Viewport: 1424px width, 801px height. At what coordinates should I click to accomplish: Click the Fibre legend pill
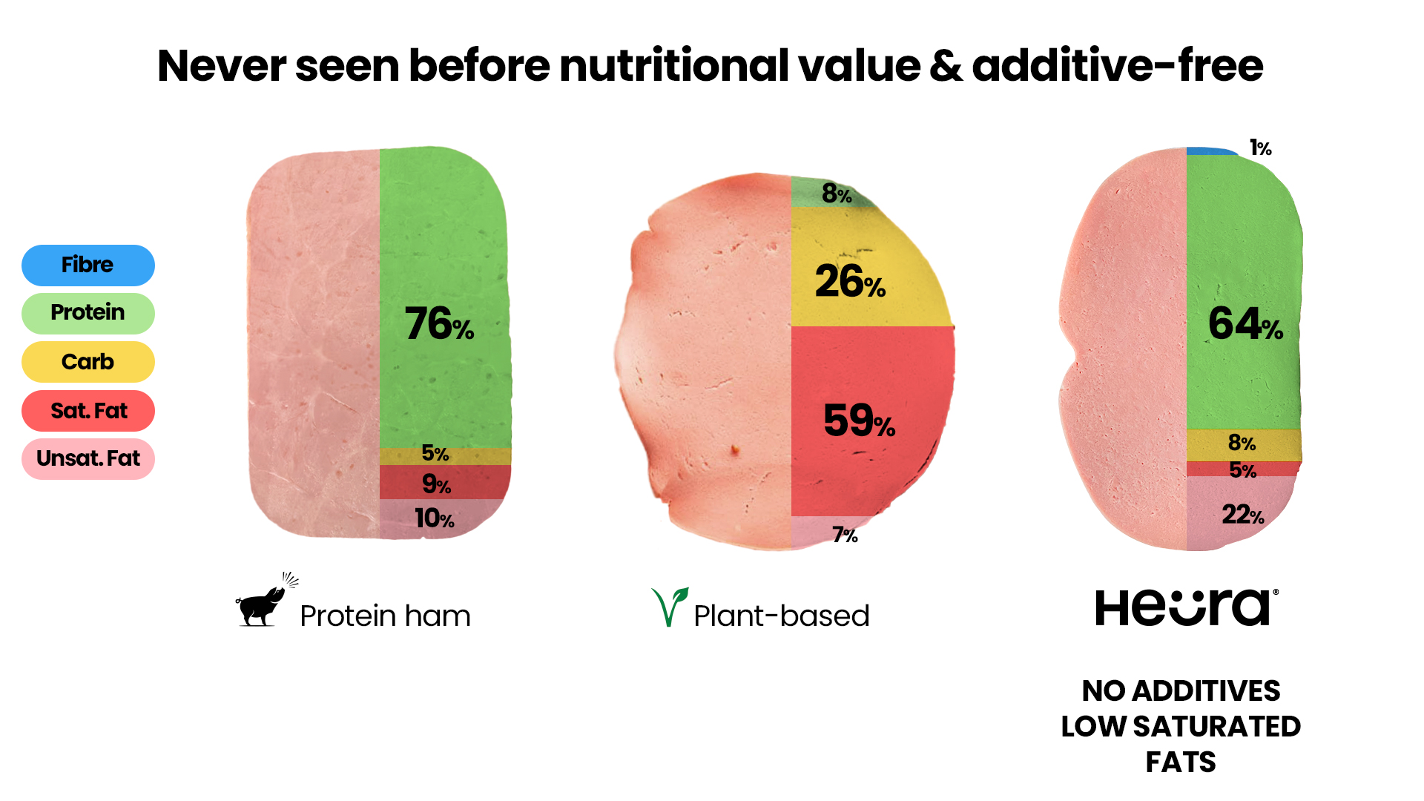pos(88,265)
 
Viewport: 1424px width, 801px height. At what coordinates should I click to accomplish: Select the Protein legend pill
pos(88,313)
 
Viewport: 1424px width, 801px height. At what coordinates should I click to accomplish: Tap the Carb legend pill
pos(88,362)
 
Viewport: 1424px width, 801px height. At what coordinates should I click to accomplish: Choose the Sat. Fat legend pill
pos(88,411)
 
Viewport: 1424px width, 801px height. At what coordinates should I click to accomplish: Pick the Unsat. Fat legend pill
pos(88,459)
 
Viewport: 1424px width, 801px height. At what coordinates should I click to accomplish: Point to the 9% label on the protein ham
pos(436,484)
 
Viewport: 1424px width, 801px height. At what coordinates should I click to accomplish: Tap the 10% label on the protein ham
pos(434,518)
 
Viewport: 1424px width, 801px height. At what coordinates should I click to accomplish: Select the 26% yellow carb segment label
pos(850,282)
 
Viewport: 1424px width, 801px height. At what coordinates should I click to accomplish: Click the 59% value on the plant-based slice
pos(859,421)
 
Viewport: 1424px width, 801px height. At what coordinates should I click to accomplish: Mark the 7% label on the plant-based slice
pos(845,535)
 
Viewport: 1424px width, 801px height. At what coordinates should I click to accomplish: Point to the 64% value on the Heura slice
pos(1245,324)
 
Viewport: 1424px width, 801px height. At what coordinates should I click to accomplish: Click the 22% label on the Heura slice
pos(1242,514)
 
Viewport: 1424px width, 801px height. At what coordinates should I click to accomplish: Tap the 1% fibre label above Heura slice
pos(1260,148)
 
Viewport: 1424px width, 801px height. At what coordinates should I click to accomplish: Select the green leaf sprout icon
pos(669,606)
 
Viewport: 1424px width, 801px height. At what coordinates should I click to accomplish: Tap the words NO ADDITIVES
pos(1181,690)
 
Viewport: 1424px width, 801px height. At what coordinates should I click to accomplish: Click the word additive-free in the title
pos(1117,65)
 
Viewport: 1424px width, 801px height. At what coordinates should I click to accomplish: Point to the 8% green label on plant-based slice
pos(837,194)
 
